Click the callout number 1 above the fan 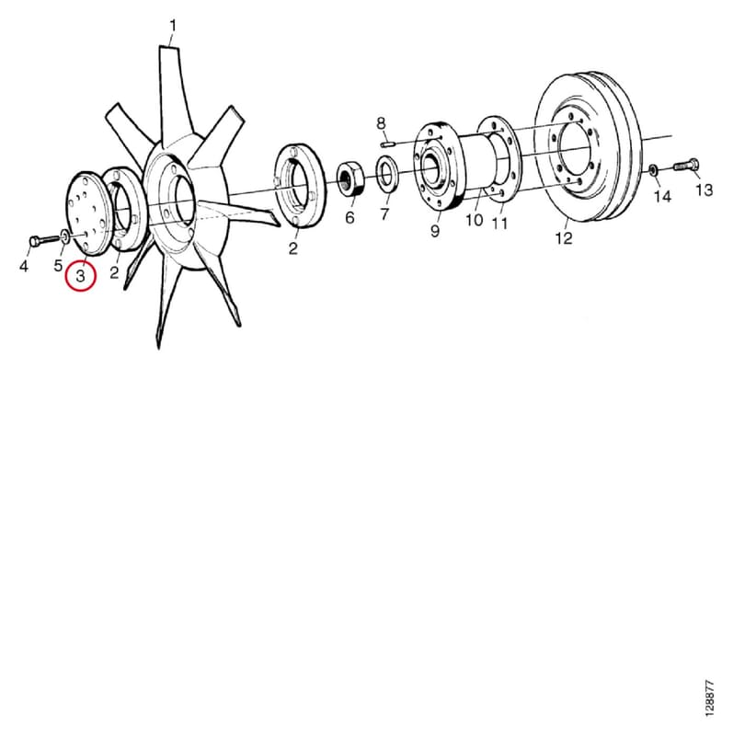pyautogui.click(x=173, y=26)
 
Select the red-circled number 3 pyautogui.click(x=81, y=276)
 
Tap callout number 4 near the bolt pyautogui.click(x=24, y=266)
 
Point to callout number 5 pyautogui.click(x=58, y=265)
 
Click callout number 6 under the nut pyautogui.click(x=349, y=217)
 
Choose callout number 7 pyautogui.click(x=384, y=214)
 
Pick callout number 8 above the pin pyautogui.click(x=381, y=123)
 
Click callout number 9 pyautogui.click(x=435, y=231)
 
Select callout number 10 pyautogui.click(x=475, y=220)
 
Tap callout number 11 pyautogui.click(x=499, y=224)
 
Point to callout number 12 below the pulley pyautogui.click(x=564, y=238)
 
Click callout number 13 pyautogui.click(x=704, y=190)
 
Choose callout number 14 pyautogui.click(x=662, y=196)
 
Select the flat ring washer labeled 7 pyautogui.click(x=387, y=175)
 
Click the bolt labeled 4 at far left pyautogui.click(x=45, y=241)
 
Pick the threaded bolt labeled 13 pyautogui.click(x=686, y=165)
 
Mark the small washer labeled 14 pyautogui.click(x=653, y=169)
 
